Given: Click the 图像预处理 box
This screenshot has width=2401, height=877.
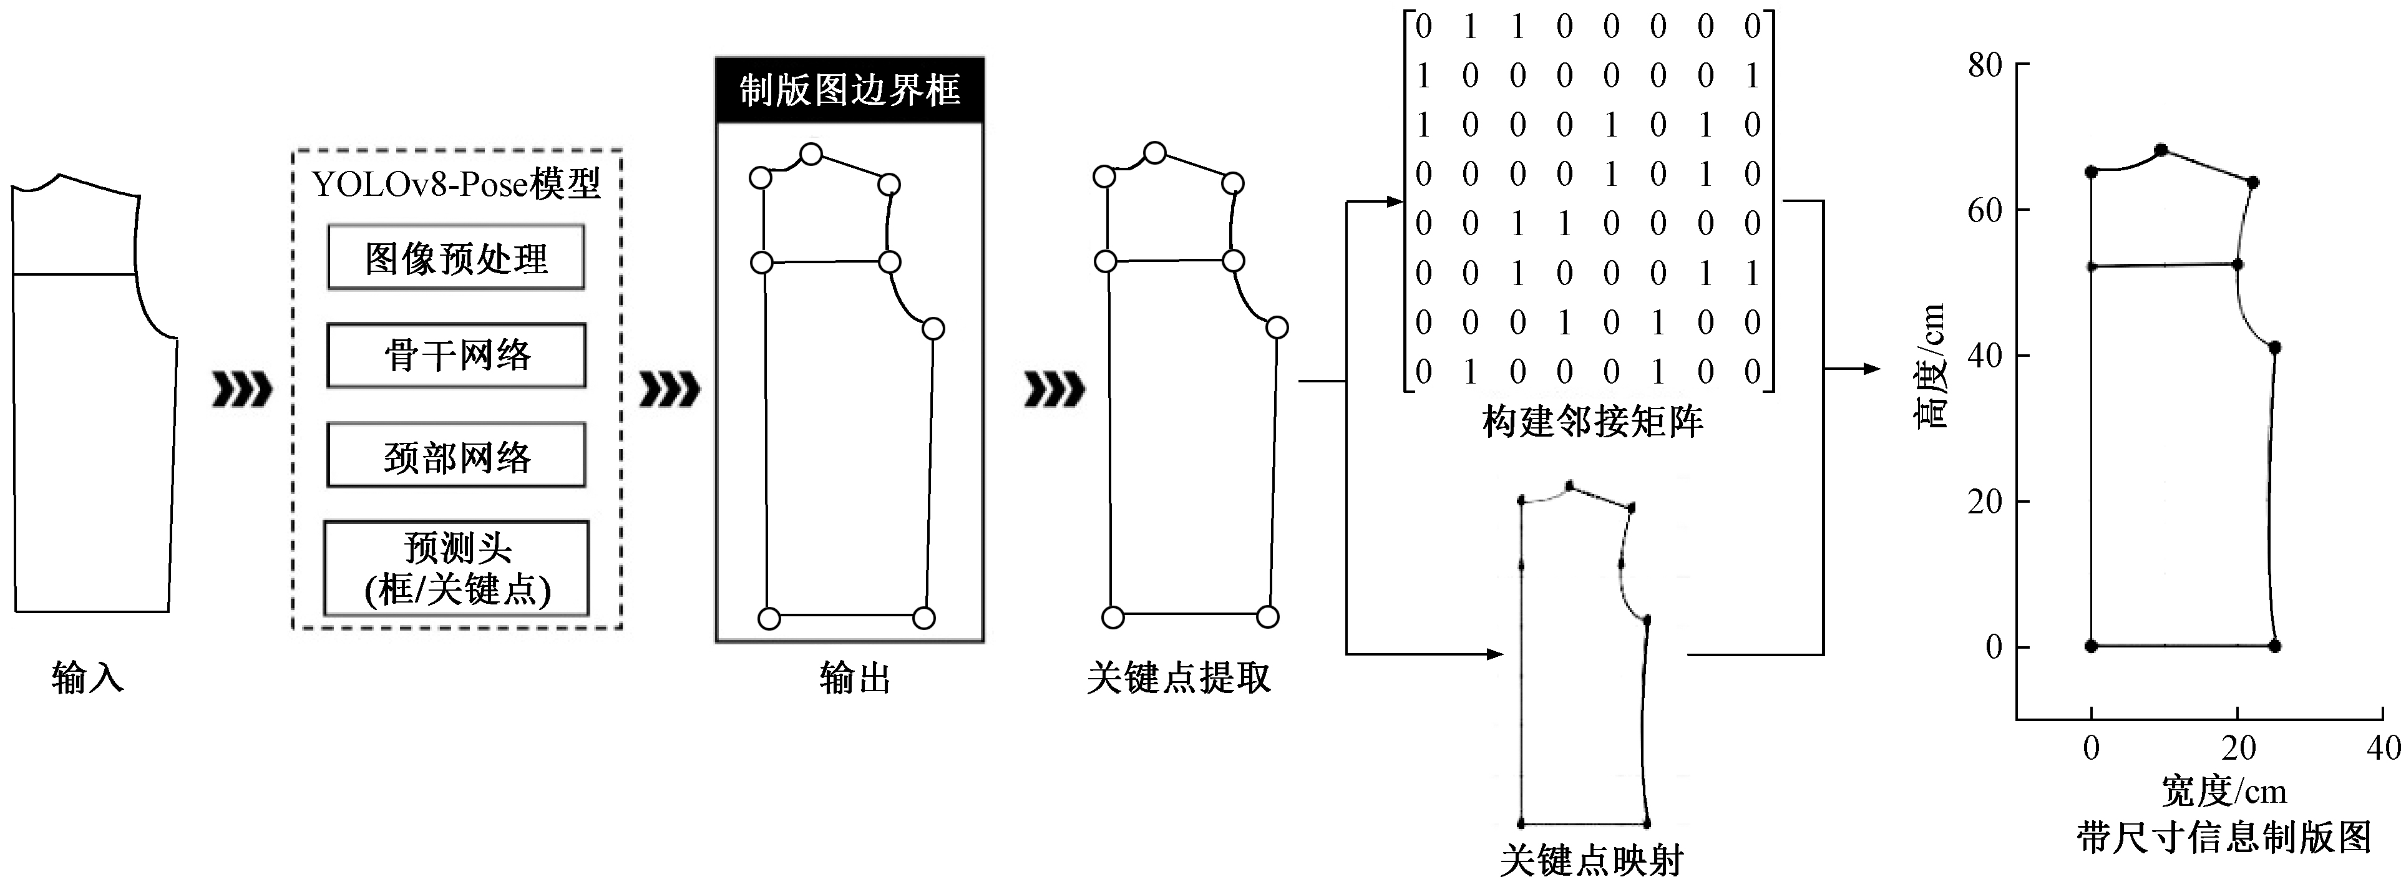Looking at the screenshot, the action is click(455, 257).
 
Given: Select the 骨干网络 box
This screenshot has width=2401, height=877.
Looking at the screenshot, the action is click(455, 355).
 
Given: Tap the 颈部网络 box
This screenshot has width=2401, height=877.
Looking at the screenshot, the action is click(455, 455).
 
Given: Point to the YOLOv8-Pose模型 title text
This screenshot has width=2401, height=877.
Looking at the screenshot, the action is click(455, 183).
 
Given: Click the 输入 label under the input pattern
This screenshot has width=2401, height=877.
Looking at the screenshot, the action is click(87, 677).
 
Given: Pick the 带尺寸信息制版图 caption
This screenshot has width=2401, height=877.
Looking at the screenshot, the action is click(2223, 837).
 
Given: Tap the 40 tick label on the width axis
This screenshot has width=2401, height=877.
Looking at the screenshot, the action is click(2384, 747).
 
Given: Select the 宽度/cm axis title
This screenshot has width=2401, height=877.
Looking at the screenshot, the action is click(2224, 792).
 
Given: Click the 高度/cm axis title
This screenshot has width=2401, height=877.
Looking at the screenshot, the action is click(1931, 366).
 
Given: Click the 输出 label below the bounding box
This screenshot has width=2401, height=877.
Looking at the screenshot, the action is click(855, 677).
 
